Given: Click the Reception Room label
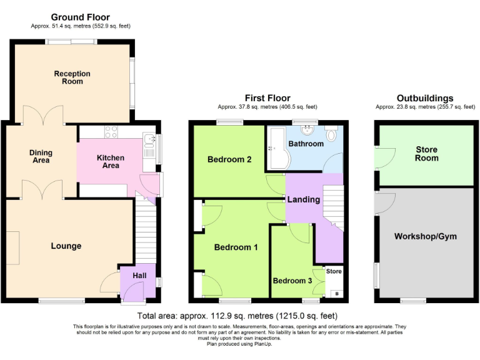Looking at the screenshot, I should pyautogui.click(x=72, y=77).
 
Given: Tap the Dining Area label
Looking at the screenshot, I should pyautogui.click(x=41, y=156).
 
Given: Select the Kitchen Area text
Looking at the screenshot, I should pyautogui.click(x=110, y=161).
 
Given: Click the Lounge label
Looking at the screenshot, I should pyautogui.click(x=66, y=246).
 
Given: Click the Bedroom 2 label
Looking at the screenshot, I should pyautogui.click(x=229, y=159).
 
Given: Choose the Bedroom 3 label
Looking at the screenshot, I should pyautogui.click(x=292, y=281).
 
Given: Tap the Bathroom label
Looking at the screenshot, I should pyautogui.click(x=306, y=144).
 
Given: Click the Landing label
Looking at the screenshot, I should pyautogui.click(x=304, y=199).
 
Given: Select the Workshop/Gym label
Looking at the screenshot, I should pyautogui.click(x=425, y=236).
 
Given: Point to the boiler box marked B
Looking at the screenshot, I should pyautogui.click(x=337, y=294).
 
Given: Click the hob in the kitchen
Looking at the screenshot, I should pyautogui.click(x=111, y=132).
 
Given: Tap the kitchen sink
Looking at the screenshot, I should pyautogui.click(x=148, y=141).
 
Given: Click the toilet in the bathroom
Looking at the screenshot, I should pyautogui.click(x=332, y=134).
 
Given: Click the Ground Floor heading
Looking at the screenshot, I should pyautogui.click(x=80, y=17).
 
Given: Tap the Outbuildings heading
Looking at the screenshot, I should pyautogui.click(x=425, y=98).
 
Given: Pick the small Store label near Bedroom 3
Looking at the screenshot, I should pyautogui.click(x=334, y=271).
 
